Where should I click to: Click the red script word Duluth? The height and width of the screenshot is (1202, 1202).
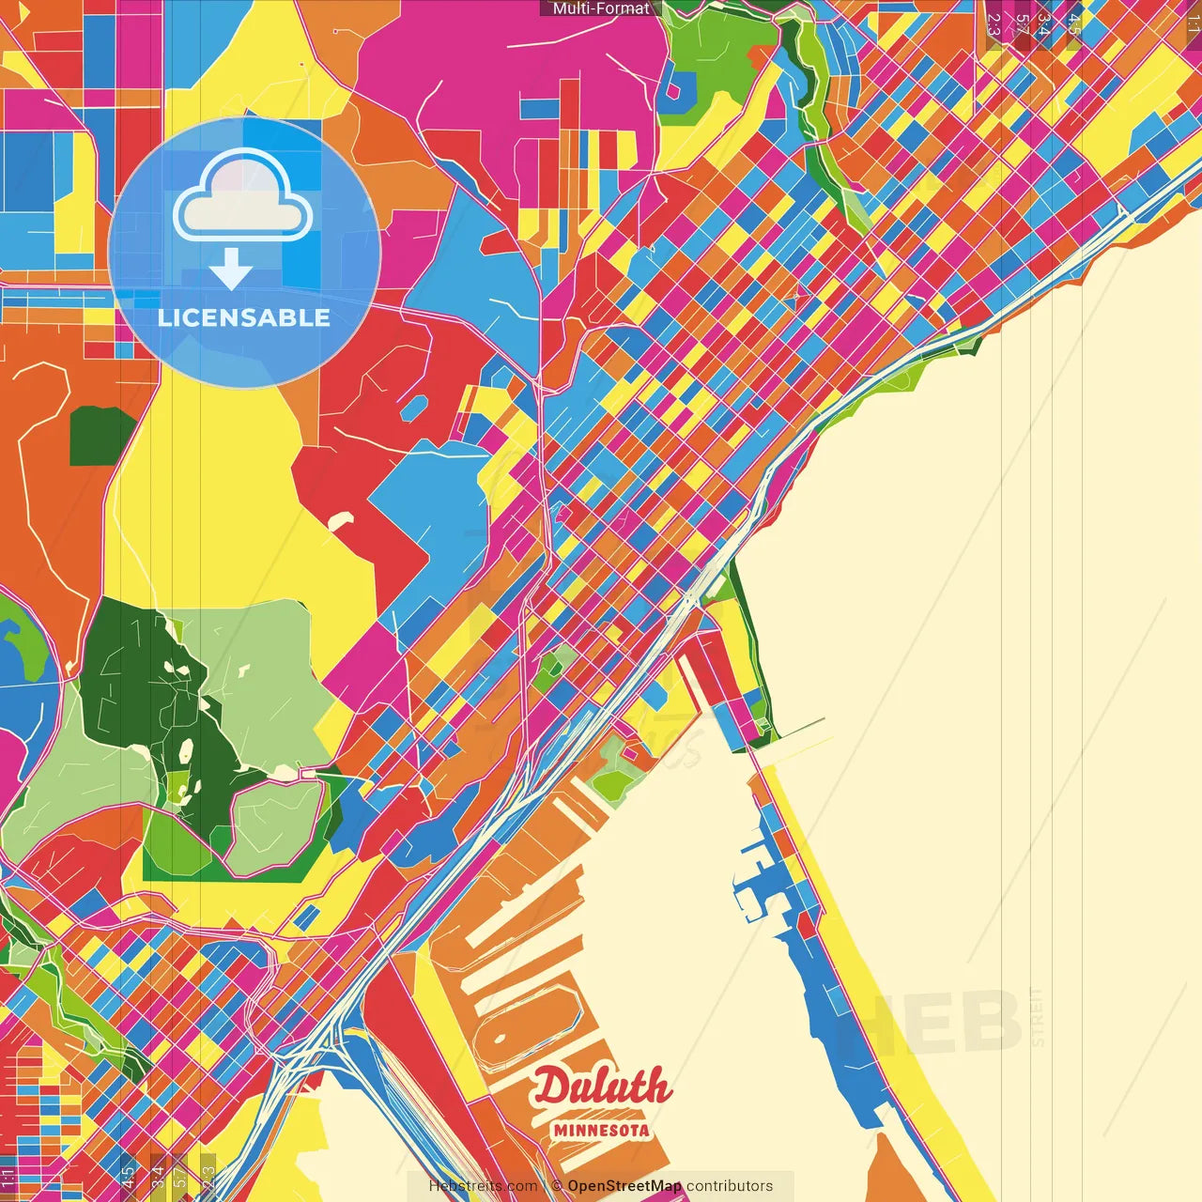[602, 1087]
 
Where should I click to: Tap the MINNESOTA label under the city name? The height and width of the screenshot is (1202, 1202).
[601, 1131]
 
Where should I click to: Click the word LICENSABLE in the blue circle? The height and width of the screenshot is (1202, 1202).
[244, 317]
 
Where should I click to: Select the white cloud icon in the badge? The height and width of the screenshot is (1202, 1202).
[242, 195]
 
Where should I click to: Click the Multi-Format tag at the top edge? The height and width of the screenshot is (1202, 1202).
[601, 8]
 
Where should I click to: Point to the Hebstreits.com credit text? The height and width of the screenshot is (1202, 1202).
[483, 1186]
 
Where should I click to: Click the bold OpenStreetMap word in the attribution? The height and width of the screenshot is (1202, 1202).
[624, 1186]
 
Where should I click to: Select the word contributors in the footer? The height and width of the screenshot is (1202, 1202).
[730, 1186]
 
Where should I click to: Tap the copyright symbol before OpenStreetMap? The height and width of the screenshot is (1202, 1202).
[557, 1186]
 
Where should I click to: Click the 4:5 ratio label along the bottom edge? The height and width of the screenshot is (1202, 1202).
[128, 1177]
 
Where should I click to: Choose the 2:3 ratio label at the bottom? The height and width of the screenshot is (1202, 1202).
[208, 1177]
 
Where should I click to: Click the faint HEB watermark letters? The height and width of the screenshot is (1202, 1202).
[948, 1022]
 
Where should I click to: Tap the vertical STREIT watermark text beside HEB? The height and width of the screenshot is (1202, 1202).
[1037, 1017]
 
